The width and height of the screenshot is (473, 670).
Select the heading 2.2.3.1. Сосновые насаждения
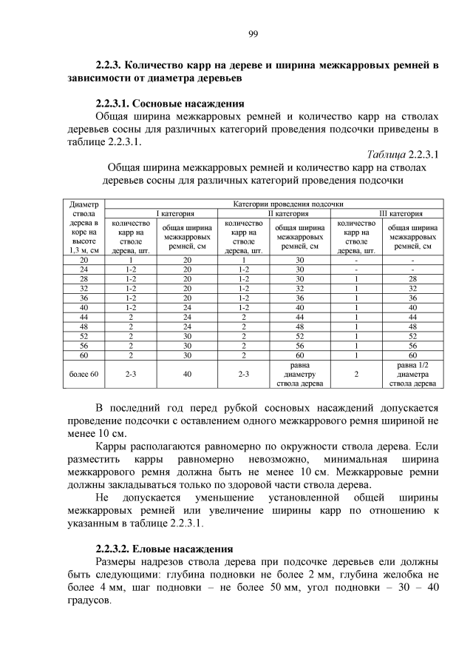click(170, 104)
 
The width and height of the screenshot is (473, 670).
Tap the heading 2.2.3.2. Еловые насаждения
click(164, 549)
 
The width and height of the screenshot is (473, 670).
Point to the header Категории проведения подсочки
click(274, 204)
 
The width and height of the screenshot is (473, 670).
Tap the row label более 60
click(84, 375)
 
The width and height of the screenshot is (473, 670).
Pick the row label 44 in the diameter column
click(84, 316)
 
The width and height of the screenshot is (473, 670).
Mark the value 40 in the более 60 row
click(187, 375)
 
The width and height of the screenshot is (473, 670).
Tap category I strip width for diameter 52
click(187, 335)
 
